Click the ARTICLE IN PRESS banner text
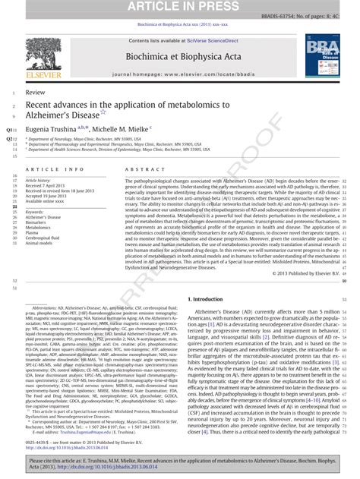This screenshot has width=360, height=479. [180, 7]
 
